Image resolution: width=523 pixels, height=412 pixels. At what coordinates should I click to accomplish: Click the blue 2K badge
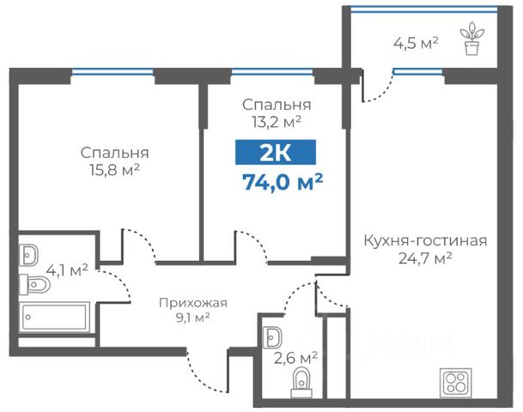pos(276,152)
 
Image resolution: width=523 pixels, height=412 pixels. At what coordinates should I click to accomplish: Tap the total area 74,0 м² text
pos(283,182)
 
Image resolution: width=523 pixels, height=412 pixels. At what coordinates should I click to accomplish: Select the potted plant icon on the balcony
pos(471,39)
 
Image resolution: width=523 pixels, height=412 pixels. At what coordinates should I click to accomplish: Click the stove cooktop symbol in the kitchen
pos(456,382)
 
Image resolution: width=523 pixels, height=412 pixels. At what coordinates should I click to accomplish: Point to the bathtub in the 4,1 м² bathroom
pos(54,317)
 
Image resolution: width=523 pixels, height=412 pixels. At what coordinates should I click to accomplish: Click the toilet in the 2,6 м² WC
pos(301,382)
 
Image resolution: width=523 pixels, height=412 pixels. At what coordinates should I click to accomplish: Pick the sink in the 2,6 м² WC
pos(272,337)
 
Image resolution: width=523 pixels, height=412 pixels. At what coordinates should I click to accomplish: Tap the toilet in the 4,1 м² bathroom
pos(34,284)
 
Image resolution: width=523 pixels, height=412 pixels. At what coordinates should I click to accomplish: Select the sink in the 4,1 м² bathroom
pos(28,255)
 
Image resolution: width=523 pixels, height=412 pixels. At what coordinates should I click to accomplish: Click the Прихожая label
pos(193,303)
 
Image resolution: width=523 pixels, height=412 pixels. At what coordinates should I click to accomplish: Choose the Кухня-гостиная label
pos(425,240)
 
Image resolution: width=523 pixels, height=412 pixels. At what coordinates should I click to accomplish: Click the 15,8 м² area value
pos(114,170)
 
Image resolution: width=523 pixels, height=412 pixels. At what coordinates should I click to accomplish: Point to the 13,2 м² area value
pos(277,122)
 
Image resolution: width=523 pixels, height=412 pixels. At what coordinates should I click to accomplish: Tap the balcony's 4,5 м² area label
pos(416,43)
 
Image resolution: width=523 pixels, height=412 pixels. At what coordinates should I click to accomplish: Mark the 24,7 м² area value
pos(425,258)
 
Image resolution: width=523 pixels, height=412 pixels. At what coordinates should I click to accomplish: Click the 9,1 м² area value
pos(192,318)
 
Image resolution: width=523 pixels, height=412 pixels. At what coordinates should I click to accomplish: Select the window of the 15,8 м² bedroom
pos(113,71)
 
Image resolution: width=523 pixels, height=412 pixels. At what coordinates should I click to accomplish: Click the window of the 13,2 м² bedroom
pos(272,71)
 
